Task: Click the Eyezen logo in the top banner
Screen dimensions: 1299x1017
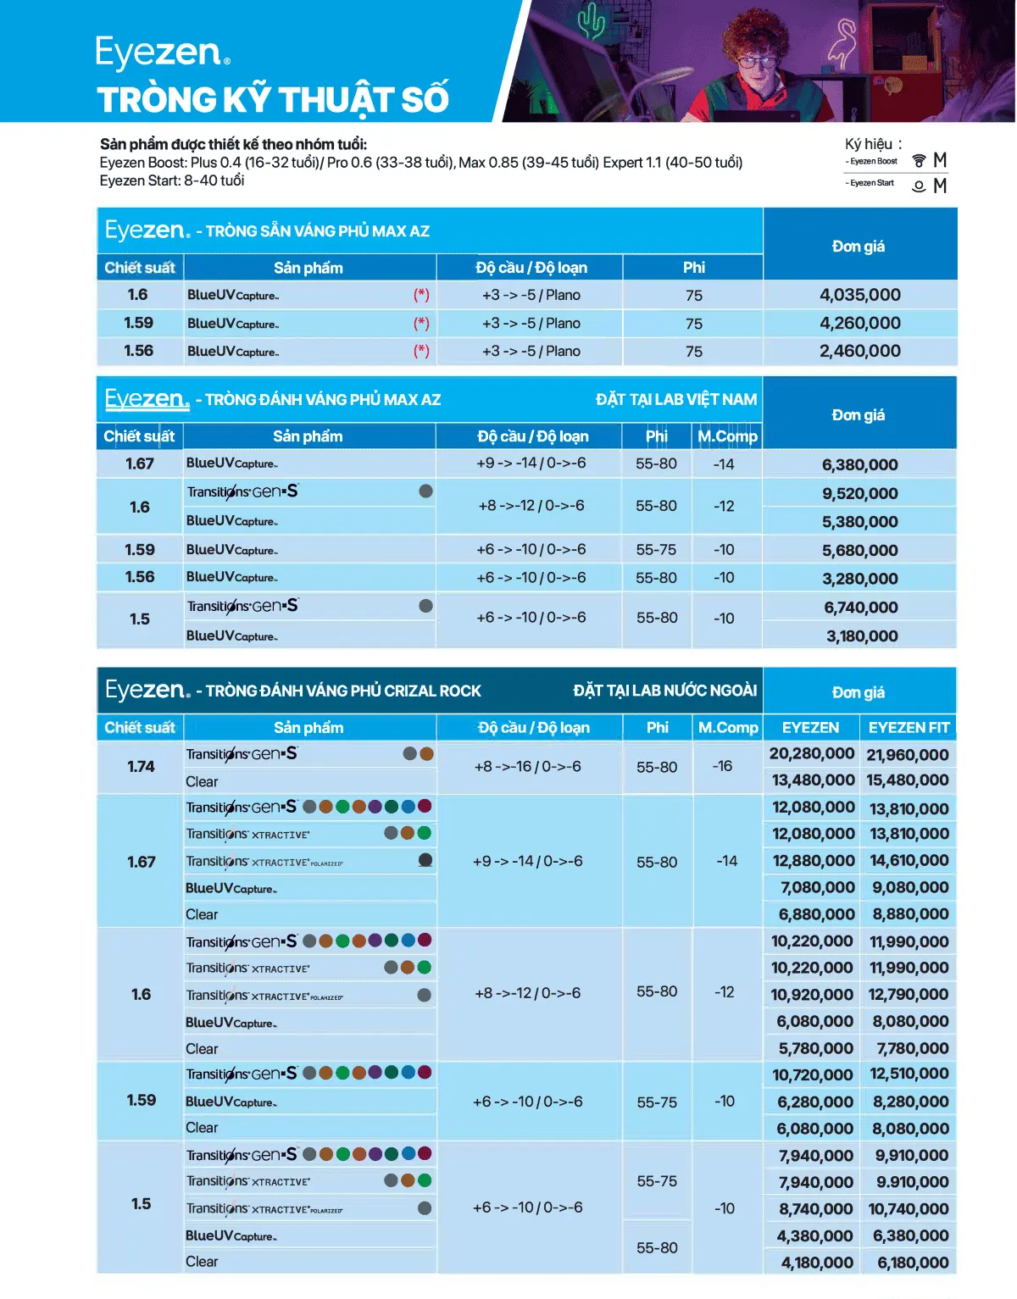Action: pos(162,53)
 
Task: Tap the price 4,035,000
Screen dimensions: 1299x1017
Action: pos(859,295)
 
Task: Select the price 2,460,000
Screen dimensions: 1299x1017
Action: pos(859,351)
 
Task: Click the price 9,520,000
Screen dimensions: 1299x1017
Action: pos(859,493)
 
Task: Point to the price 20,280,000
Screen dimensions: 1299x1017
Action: pos(811,753)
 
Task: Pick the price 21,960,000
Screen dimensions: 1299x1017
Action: pos(907,755)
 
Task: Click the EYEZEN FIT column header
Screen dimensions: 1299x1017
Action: pos(909,727)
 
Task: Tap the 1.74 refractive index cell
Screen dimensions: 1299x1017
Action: pos(141,767)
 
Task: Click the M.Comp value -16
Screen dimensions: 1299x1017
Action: pos(722,766)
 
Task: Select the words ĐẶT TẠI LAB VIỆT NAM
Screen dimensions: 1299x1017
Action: pos(675,399)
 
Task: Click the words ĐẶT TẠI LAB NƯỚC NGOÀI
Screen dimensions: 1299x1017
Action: pos(664,691)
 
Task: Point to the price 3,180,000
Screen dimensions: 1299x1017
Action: pos(861,636)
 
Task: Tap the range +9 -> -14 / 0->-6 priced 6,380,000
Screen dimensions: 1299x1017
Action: pos(531,464)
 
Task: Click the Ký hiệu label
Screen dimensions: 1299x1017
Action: pos(873,144)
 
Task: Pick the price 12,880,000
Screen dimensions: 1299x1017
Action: pos(813,861)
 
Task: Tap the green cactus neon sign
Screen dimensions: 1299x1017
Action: pos(591,21)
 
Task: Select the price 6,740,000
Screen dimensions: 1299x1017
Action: pos(860,608)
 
